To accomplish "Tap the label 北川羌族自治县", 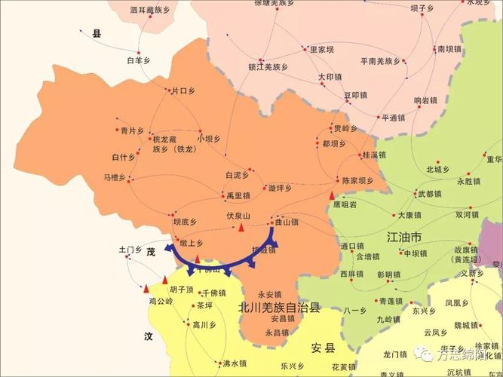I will coord(279,308).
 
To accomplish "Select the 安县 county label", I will coord(322,348).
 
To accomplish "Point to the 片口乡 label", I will coord(183,91).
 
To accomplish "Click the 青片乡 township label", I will coord(131,130).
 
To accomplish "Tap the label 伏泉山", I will coord(238,216).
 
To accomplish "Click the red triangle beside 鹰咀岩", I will coord(332,195).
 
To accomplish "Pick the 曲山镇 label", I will coord(287,222).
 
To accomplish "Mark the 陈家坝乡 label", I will coord(357,181).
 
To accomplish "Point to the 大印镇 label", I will coord(330,77).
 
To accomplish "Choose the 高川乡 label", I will coord(204,325).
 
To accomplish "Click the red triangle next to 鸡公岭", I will coord(146,288).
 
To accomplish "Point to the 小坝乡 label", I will coord(208,139).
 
